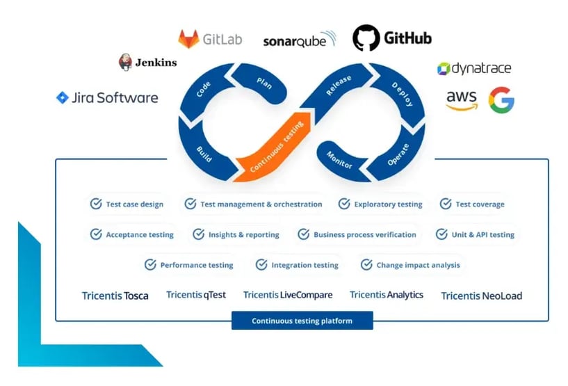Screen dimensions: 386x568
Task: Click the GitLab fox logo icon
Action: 188,39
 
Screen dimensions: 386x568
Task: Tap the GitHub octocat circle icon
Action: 366,38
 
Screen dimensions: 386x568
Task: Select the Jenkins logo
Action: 126,62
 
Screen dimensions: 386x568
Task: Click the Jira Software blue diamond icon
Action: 63,97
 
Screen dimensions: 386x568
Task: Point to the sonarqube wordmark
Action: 299,40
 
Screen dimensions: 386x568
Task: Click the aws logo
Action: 462,100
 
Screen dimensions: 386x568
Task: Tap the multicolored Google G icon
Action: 501,100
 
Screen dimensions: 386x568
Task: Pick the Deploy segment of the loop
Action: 403,95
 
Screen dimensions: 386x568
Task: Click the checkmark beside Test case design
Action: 96,204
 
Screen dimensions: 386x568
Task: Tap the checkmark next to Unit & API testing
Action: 441,234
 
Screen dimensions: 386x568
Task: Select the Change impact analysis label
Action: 418,265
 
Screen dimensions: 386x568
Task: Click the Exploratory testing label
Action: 388,204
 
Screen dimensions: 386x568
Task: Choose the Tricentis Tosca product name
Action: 115,296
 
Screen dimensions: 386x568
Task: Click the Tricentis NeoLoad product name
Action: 481,296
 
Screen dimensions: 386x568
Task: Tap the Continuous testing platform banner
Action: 302,321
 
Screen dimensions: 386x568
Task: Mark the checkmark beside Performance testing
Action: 150,265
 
